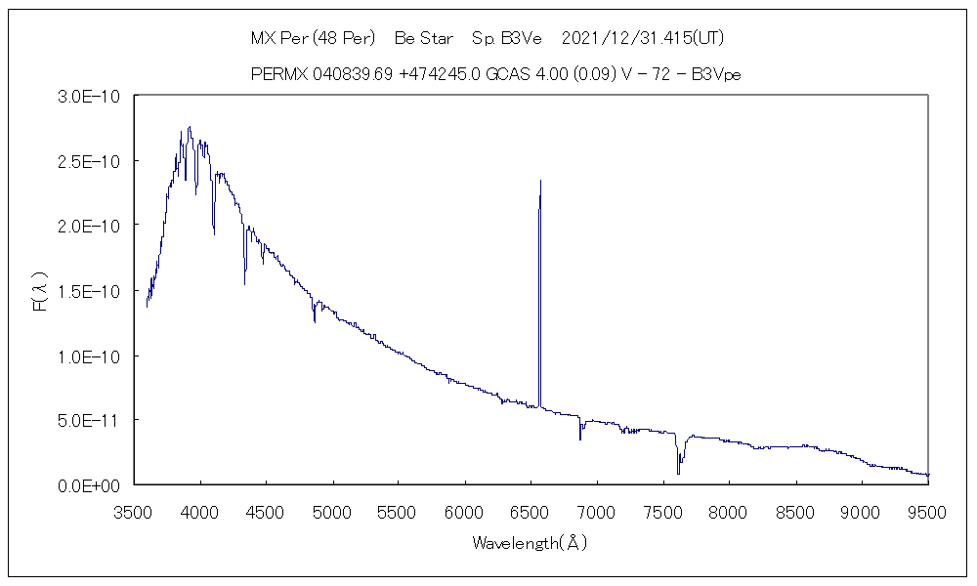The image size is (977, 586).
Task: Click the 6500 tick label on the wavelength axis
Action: click(x=531, y=511)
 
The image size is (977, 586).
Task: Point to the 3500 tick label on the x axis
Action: click(x=134, y=511)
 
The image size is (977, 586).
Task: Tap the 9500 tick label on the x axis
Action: click(x=927, y=511)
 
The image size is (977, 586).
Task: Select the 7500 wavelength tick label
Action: click(x=662, y=511)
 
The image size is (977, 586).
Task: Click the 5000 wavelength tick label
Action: click(x=332, y=511)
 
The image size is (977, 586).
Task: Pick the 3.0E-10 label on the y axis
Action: click(x=90, y=96)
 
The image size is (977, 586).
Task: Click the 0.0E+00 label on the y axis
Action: click(x=90, y=484)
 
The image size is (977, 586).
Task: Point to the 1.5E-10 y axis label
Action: click(x=90, y=290)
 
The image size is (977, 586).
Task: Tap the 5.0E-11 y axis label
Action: click(x=90, y=420)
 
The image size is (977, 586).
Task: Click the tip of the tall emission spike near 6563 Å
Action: click(x=540, y=181)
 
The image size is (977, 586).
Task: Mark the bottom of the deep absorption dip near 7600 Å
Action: click(x=678, y=474)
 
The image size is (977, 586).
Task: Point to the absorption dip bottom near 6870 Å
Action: click(x=580, y=439)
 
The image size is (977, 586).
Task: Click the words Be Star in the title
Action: click(x=423, y=40)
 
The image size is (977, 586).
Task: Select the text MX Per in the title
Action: click(x=276, y=40)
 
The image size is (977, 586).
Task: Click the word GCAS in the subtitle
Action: click(x=508, y=75)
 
